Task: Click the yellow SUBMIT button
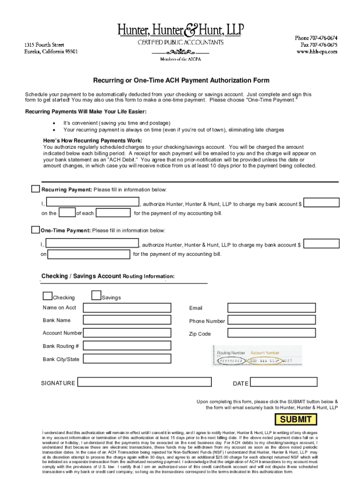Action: point(295,420)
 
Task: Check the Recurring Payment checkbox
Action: point(36,189)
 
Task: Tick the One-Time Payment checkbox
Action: point(35,230)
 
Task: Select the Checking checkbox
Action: point(47,296)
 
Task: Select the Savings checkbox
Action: point(96,295)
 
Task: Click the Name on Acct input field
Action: point(129,307)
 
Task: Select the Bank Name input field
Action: point(129,320)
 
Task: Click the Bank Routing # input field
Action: point(129,346)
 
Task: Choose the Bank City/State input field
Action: point(129,359)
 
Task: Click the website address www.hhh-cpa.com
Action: point(317,52)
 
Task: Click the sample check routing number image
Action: point(257,358)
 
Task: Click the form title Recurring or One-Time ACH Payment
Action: point(180,80)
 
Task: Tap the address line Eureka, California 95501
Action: point(51,51)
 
